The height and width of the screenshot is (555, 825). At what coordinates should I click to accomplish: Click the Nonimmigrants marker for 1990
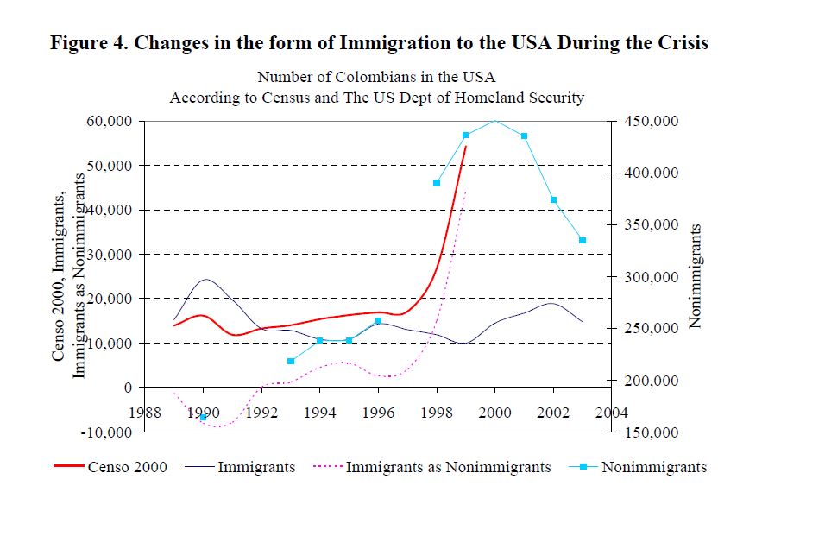point(203,417)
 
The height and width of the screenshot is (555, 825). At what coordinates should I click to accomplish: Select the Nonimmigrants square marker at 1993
point(291,361)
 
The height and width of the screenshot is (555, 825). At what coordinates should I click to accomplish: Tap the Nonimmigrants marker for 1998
point(437,183)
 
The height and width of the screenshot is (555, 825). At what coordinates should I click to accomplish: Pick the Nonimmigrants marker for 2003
point(583,240)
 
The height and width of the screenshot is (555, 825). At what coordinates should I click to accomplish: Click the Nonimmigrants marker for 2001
point(524,136)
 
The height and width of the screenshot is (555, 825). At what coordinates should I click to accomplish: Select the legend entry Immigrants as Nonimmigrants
point(448,467)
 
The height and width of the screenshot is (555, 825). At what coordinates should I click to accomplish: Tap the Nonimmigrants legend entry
point(653,467)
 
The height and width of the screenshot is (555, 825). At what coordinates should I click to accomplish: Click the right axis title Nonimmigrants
point(696,276)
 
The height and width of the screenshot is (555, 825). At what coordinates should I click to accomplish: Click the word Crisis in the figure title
point(680,43)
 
